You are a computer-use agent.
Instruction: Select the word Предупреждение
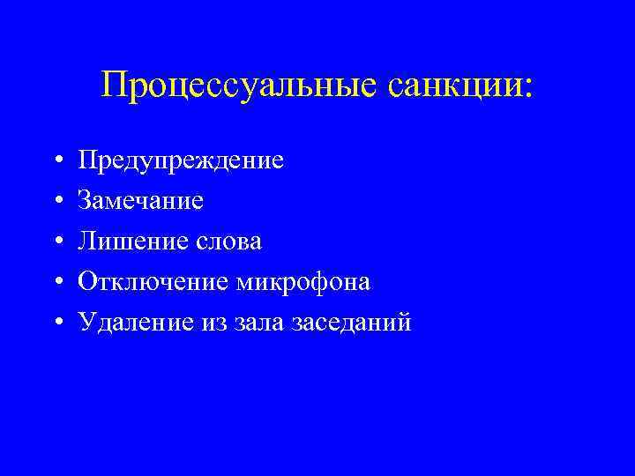click(x=181, y=160)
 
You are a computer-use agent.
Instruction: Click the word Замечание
click(x=141, y=201)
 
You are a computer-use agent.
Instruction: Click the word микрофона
click(x=303, y=282)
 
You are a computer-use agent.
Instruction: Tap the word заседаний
click(x=355, y=323)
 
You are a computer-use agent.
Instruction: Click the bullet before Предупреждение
click(x=56, y=161)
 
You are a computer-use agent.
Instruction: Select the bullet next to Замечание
click(x=56, y=202)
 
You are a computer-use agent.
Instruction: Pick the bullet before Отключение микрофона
click(x=56, y=283)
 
